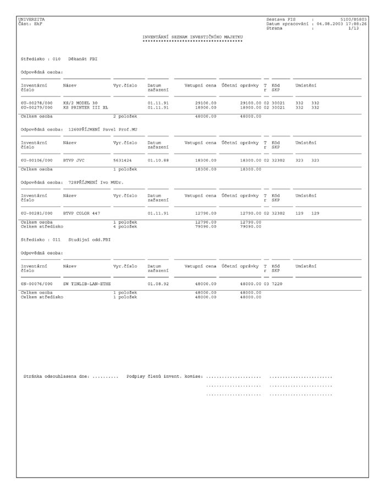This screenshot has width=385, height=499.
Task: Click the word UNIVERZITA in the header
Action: (31, 19)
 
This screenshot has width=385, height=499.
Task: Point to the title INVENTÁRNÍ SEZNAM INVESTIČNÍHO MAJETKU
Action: (193, 37)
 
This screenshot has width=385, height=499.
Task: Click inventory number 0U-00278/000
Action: (37, 103)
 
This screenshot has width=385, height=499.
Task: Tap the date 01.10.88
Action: (158, 160)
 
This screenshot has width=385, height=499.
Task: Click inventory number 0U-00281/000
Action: (37, 213)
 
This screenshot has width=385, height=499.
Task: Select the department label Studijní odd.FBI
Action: (90, 240)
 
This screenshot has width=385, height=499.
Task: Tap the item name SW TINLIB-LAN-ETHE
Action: (87, 284)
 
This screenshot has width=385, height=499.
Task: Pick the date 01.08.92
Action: (158, 284)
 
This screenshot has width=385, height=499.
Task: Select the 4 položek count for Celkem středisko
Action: (125, 226)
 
